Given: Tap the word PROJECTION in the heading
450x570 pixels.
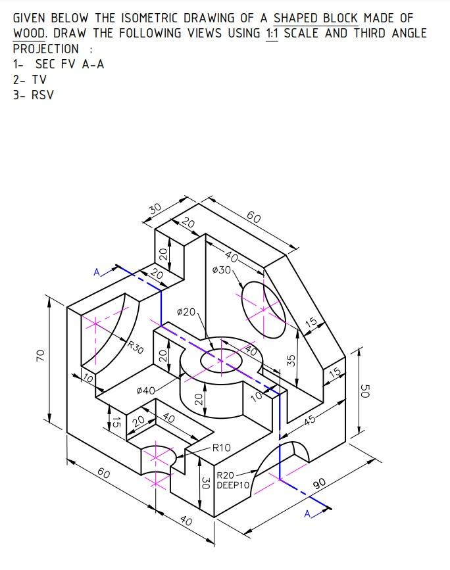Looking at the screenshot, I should tap(45, 49).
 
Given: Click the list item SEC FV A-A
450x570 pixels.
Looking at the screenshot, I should tap(58, 64).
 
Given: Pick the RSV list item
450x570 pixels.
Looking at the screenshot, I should tap(42, 95).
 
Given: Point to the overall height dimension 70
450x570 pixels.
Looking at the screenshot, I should tap(41, 356).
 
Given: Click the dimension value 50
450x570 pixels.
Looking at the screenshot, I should tap(366, 391).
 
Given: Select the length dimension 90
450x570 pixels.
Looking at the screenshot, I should tap(320, 485).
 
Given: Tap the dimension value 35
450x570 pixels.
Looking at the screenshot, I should tap(290, 360).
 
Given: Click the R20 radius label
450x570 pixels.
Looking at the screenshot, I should tap(226, 475).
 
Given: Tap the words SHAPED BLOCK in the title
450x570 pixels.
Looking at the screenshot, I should tap(316, 18).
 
